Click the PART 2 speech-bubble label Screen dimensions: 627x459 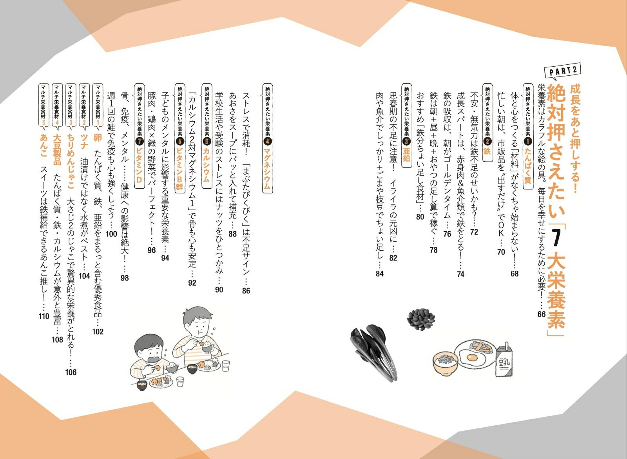(x=562, y=73)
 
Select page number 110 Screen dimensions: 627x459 (x=44, y=316)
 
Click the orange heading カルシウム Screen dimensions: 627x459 (x=207, y=165)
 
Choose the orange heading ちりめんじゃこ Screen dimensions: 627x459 (x=71, y=161)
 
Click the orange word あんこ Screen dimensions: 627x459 (x=43, y=145)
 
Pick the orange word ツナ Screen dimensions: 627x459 (x=84, y=141)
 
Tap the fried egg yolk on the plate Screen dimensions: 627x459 (x=472, y=357)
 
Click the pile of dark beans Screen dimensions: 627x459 (x=421, y=319)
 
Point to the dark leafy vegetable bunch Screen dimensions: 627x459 (x=374, y=352)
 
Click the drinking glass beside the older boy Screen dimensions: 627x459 (x=226, y=366)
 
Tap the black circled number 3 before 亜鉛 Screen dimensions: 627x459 (x=406, y=141)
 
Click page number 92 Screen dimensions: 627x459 (x=192, y=283)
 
